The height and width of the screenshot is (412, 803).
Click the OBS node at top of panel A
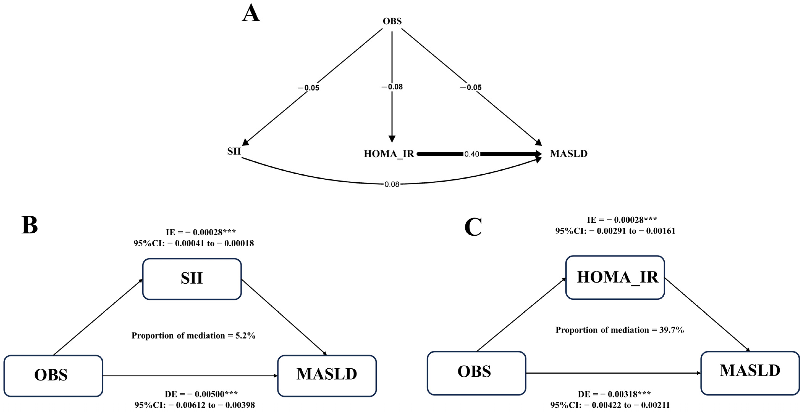392,21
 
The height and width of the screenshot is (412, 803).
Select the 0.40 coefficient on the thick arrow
471,154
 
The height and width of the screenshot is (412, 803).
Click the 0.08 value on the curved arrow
392,184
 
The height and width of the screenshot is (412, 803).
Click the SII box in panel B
192,279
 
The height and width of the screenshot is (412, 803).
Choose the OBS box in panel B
53,376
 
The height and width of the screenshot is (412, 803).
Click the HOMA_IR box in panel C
615,277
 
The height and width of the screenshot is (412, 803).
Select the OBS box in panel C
476,373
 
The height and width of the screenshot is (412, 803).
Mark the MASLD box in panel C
750,372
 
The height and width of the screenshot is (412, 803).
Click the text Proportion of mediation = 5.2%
193,335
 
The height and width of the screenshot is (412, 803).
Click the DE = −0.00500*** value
201,394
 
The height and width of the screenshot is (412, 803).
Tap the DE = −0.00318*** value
614,394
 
